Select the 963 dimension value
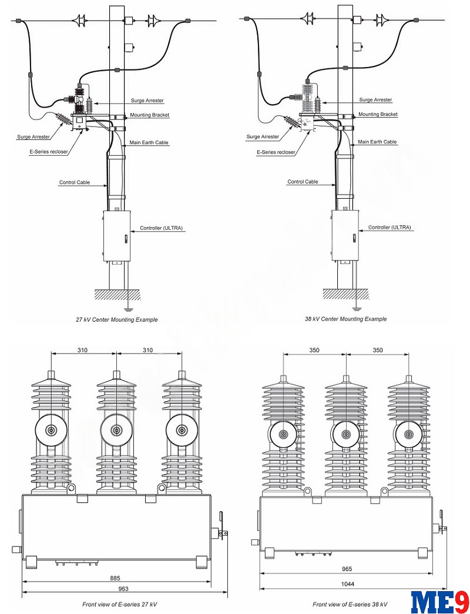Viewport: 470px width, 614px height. coord(123,588)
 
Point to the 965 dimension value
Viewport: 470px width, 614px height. coord(348,569)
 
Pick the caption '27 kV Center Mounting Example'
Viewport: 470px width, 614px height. coord(117,319)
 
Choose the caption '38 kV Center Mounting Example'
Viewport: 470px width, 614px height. coord(345,319)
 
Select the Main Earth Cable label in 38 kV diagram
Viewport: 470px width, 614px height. coord(377,142)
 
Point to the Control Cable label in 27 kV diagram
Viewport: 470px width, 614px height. coord(75,182)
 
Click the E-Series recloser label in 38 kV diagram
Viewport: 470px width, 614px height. coord(276,152)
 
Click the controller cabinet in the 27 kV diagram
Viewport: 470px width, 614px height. coord(116,235)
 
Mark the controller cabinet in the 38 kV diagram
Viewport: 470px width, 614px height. coord(345,235)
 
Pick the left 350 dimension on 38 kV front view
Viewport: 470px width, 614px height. coord(314,350)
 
